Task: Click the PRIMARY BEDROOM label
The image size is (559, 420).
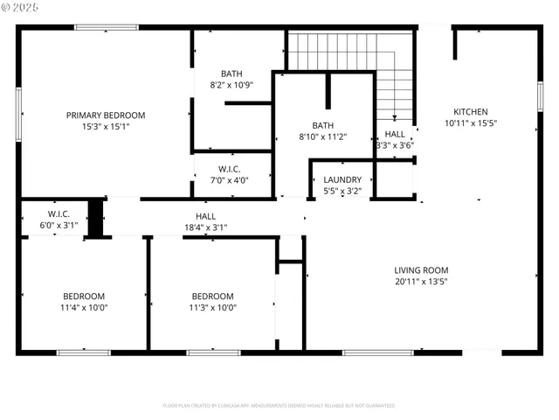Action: pos(106,115)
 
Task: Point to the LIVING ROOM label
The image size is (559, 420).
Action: pos(421,270)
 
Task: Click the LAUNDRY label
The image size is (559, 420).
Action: pos(342,179)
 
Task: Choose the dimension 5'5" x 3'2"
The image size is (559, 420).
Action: pos(342,191)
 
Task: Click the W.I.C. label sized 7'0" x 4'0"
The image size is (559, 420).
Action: pos(230,169)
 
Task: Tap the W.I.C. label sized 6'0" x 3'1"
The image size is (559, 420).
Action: pos(59,213)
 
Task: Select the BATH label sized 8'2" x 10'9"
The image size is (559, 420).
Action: pos(231,73)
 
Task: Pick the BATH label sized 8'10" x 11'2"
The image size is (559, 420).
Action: pos(323,125)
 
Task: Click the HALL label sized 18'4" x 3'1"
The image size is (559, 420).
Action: pos(205,216)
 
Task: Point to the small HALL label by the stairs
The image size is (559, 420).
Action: pos(394,134)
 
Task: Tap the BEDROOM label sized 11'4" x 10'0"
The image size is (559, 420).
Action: pos(83,296)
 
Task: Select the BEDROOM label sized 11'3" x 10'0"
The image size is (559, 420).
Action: pos(212,296)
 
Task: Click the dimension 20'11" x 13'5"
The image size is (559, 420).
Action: pos(421,283)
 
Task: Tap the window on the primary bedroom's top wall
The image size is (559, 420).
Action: pos(106,28)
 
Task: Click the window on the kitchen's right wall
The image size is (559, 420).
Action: pos(540,96)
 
